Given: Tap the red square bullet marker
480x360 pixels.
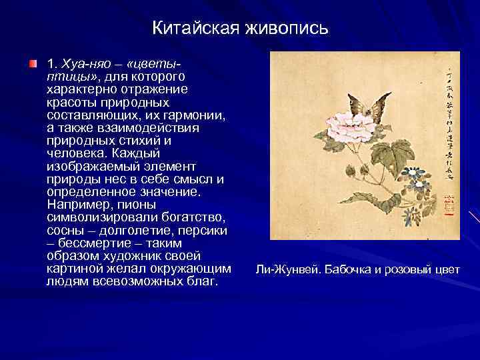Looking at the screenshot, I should [x=33, y=65].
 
